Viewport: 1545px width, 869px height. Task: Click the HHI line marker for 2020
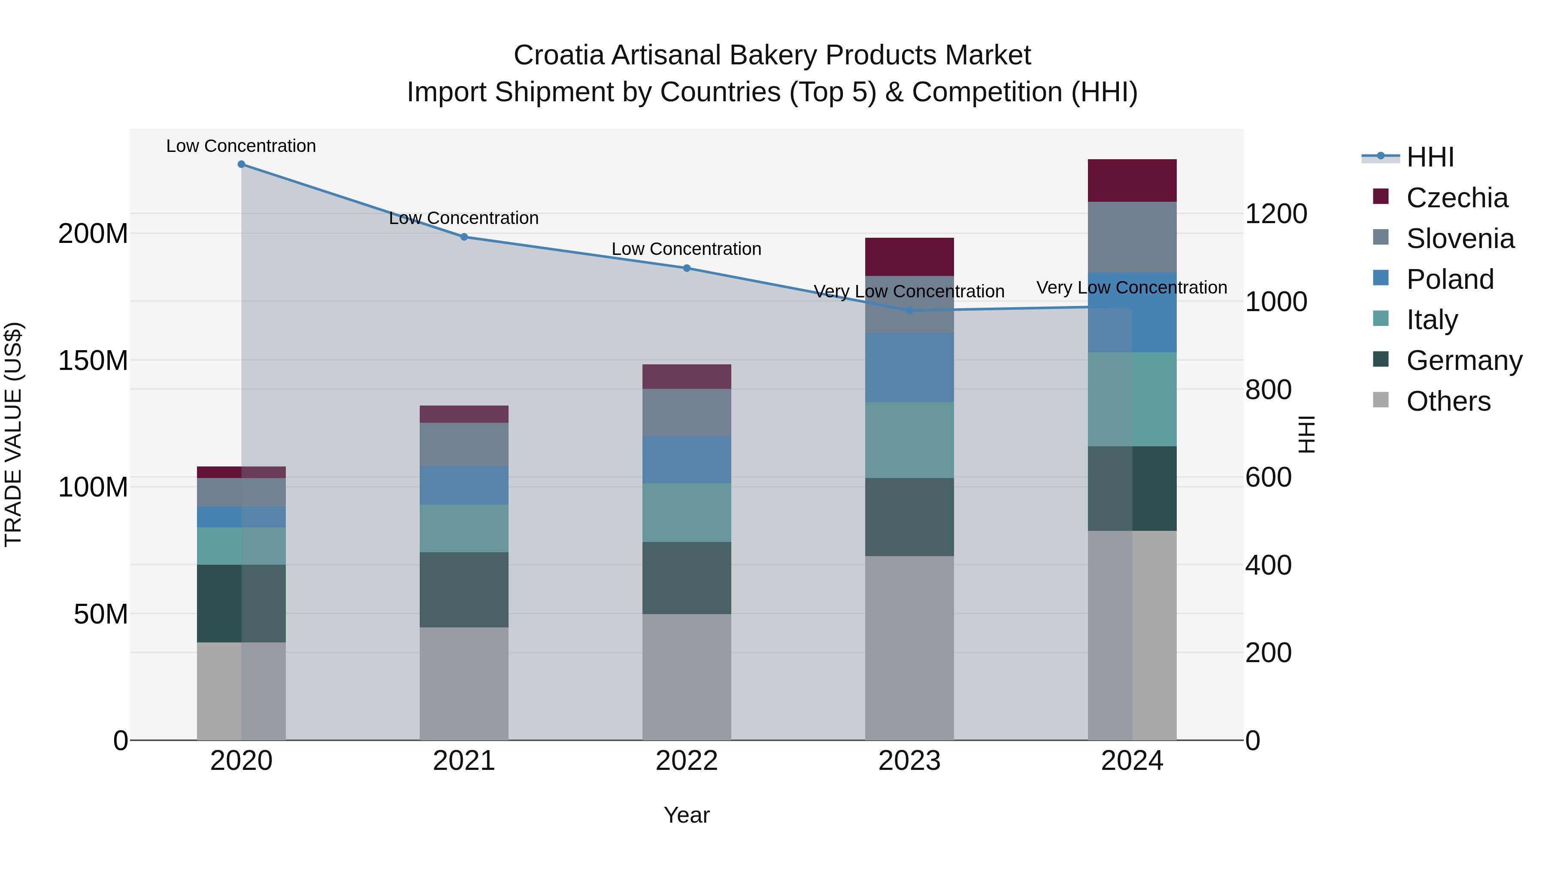241,164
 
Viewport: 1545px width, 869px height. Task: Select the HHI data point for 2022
687,268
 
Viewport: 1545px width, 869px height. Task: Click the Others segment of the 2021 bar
463,683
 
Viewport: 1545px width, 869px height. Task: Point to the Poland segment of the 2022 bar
687,459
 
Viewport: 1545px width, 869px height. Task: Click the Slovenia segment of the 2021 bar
463,445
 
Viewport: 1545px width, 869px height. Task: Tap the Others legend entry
1448,401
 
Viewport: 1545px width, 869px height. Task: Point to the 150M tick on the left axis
93,360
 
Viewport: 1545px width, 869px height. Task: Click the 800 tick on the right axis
1268,390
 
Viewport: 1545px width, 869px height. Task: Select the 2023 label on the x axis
909,761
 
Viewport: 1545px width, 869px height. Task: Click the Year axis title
687,815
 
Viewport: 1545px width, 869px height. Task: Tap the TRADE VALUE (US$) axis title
13,434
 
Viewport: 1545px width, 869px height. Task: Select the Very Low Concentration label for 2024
1131,288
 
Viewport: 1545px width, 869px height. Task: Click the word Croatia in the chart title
558,55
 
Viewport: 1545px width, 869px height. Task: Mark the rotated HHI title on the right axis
1306,434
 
